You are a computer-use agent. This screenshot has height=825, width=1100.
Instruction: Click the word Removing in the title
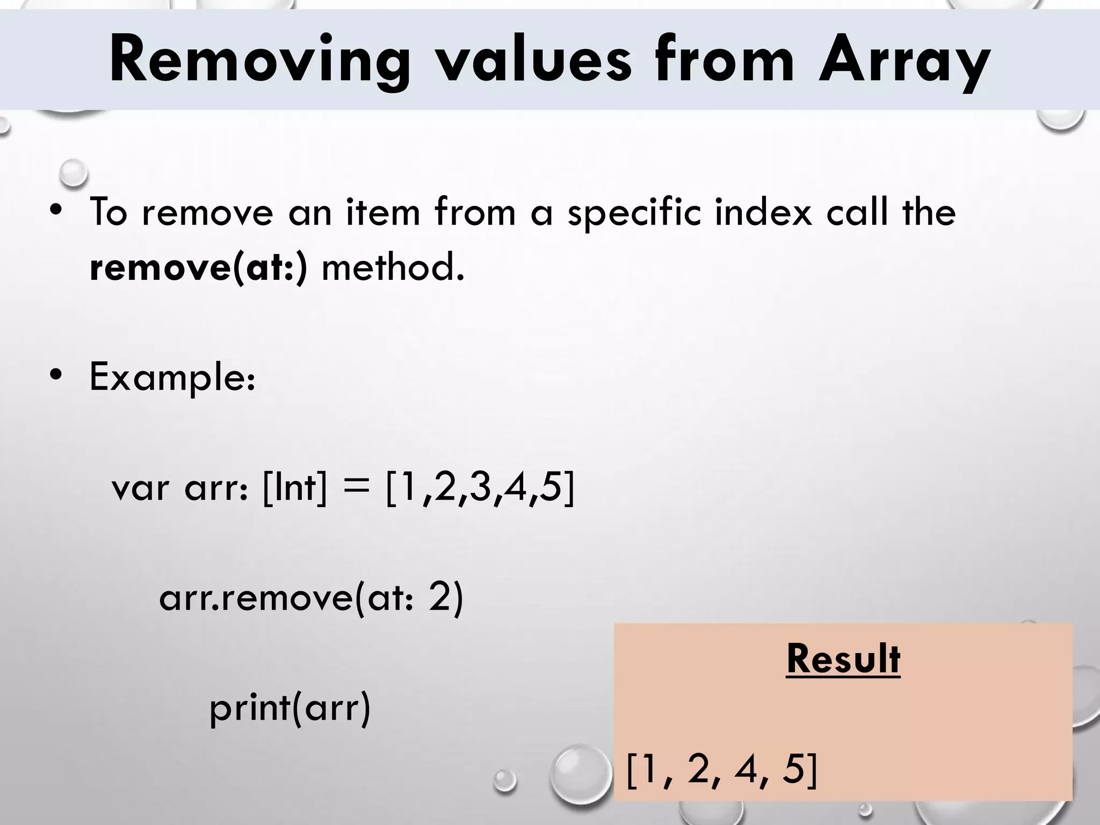260,60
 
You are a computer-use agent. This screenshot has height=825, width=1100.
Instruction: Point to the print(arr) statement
290,708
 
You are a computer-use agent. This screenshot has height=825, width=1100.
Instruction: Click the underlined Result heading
843,658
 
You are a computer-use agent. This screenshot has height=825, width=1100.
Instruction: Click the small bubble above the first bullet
73,173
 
